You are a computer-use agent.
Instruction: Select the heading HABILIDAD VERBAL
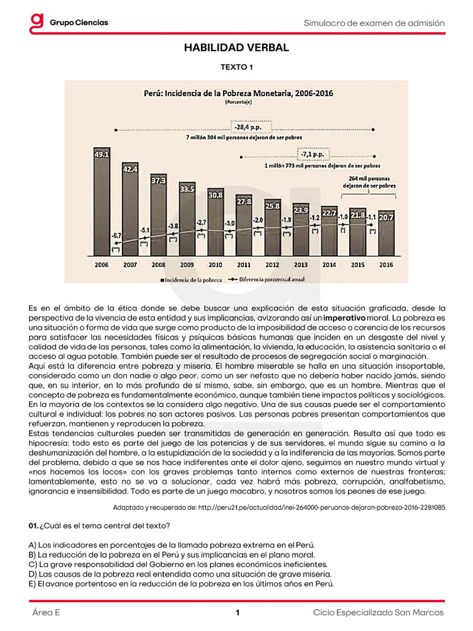(236, 47)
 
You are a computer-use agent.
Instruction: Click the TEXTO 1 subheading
(236, 67)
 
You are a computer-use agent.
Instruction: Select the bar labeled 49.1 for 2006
(102, 203)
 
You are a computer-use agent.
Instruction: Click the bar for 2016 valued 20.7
(386, 234)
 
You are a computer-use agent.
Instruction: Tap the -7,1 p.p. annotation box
(313, 153)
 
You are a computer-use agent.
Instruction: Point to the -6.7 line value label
(116, 235)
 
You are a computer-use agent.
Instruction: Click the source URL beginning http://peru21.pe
(317, 507)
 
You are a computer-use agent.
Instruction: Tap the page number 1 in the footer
(236, 613)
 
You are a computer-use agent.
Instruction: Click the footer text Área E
(47, 613)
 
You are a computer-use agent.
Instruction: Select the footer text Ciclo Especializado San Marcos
(378, 613)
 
